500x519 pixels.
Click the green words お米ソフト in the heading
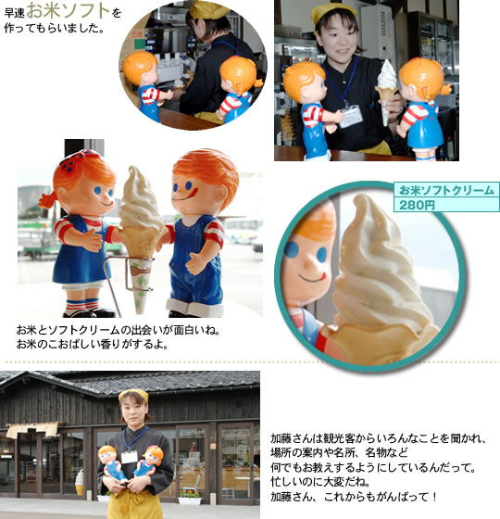[x=69, y=11]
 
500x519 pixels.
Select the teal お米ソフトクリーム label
[x=446, y=190]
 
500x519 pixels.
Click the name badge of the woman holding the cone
[x=351, y=116]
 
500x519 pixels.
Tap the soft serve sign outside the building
[x=80, y=482]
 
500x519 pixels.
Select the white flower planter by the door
[x=190, y=500]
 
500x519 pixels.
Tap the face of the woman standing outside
[x=133, y=411]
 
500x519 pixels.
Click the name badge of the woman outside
[x=129, y=457]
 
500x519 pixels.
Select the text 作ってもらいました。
[x=55, y=28]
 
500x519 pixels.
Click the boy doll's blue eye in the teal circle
[x=291, y=250]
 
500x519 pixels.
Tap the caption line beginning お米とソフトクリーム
[x=119, y=330]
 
